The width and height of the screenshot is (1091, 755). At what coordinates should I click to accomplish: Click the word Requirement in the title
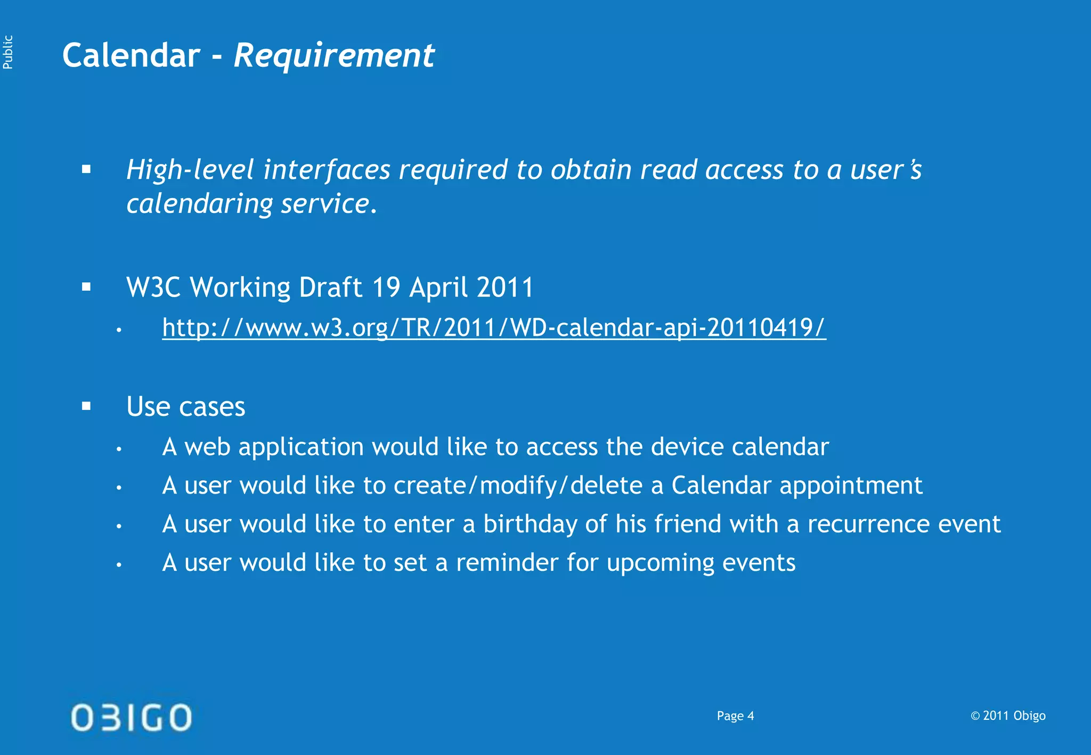pyautogui.click(x=334, y=55)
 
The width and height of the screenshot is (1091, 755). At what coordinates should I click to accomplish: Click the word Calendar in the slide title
pyautogui.click(x=131, y=55)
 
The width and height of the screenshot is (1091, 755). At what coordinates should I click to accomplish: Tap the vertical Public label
pyautogui.click(x=8, y=52)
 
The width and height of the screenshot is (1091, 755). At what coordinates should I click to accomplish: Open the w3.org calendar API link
pyautogui.click(x=494, y=327)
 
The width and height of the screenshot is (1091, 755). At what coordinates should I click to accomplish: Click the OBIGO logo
pyautogui.click(x=132, y=717)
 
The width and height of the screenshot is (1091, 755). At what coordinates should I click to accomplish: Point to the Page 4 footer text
pyautogui.click(x=735, y=716)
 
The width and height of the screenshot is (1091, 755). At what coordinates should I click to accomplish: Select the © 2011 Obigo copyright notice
pyautogui.click(x=1008, y=716)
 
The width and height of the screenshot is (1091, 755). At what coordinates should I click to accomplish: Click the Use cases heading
pyautogui.click(x=185, y=407)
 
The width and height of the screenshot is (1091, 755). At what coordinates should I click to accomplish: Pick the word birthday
pyautogui.click(x=530, y=524)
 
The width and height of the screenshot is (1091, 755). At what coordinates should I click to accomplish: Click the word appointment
pyautogui.click(x=851, y=486)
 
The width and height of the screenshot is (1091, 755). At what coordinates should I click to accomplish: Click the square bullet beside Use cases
pyautogui.click(x=86, y=407)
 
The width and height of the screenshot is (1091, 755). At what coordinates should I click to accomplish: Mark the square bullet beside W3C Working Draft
pyautogui.click(x=86, y=288)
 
